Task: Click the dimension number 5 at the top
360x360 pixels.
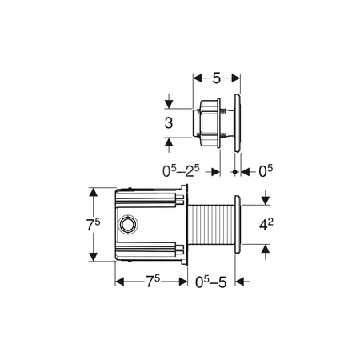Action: click(217, 78)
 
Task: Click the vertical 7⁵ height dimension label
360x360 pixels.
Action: click(94, 226)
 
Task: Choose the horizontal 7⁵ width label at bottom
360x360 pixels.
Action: click(152, 281)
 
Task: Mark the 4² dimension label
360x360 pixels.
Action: click(266, 226)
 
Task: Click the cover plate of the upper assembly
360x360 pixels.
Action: click(237, 120)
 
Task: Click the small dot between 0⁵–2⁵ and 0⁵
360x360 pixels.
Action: click(234, 171)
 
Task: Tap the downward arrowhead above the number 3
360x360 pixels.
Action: click(168, 102)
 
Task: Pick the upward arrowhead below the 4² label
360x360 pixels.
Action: click(266, 250)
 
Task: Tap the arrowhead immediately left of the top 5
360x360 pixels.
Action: click(198, 78)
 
